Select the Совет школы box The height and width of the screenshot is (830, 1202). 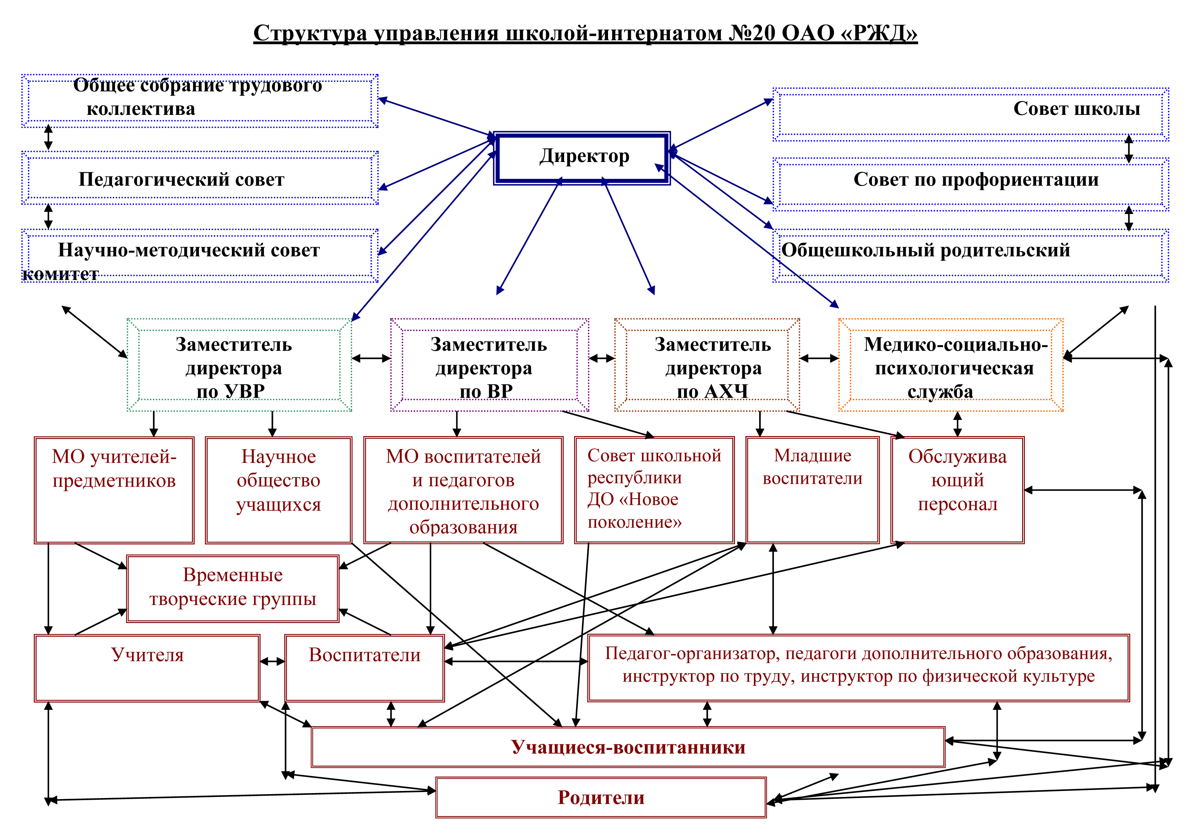[970, 115]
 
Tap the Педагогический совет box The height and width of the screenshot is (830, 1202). [200, 178]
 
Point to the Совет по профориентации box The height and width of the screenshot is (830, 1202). [970, 184]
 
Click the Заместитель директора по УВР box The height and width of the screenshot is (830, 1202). [239, 365]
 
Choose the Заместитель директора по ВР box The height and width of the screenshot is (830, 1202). [490, 365]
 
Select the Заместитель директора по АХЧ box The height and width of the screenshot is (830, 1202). [707, 365]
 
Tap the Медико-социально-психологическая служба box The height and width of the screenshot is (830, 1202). [951, 365]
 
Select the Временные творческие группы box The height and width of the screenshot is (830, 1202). [233, 589]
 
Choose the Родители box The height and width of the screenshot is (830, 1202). [601, 797]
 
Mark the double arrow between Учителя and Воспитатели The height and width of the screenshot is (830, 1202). [272, 661]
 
